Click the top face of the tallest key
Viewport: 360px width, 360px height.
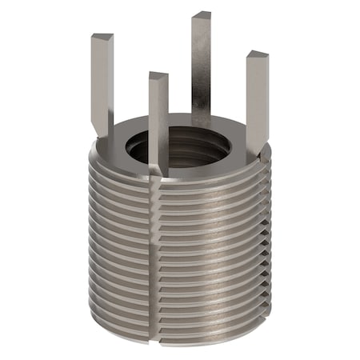pyautogui.click(x=201, y=15)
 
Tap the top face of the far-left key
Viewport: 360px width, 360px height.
pyautogui.click(x=102, y=38)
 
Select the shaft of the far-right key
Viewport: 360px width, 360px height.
pyautogui.click(x=256, y=104)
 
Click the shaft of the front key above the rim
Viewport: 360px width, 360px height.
pyautogui.click(x=158, y=120)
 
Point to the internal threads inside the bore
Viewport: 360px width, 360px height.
pyautogui.click(x=200, y=152)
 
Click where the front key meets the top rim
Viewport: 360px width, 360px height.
pyautogui.click(x=158, y=170)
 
